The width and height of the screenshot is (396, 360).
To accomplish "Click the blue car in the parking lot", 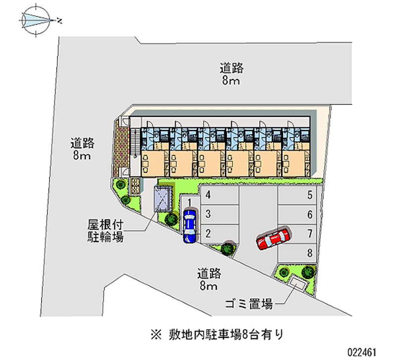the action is pos(189,226).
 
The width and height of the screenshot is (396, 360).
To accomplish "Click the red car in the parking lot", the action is pos(273,239).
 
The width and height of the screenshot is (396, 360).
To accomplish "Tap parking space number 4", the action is pos(219,195).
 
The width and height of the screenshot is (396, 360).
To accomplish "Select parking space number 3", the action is pos(219,214).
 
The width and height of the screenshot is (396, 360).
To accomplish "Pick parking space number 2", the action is pos(219,234).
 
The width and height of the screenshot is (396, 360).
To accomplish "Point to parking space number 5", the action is pos(297,195).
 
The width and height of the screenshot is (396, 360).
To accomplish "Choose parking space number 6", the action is pos(297,215).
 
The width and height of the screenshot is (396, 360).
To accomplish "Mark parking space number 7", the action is pos(297,234).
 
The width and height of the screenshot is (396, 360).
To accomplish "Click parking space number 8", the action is pos(297,254).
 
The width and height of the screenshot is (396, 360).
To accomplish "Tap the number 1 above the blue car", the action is pos(190,203).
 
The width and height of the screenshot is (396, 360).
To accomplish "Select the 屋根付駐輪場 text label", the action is pos(105,230).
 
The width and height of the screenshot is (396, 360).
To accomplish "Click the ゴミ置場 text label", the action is pos(249,304).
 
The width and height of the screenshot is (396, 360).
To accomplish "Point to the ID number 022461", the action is pos(362,352).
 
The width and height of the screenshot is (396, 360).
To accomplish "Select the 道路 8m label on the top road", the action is pos(231,74).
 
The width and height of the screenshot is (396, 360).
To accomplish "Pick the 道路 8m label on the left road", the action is pos(82,149).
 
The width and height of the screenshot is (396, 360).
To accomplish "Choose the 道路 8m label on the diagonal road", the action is pos(209,279).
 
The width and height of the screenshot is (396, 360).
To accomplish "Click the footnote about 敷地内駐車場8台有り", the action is pos(217,334).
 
